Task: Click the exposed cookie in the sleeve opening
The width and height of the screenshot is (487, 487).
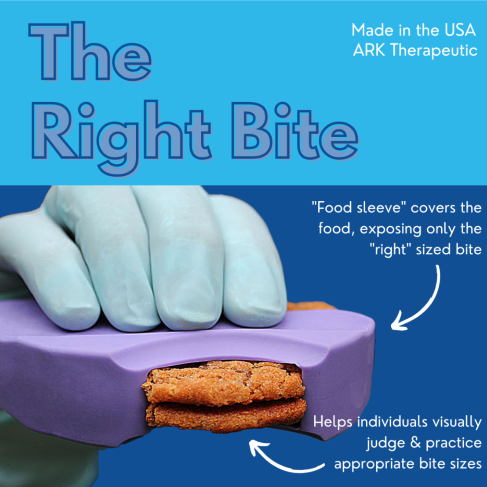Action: click(x=224, y=395)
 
